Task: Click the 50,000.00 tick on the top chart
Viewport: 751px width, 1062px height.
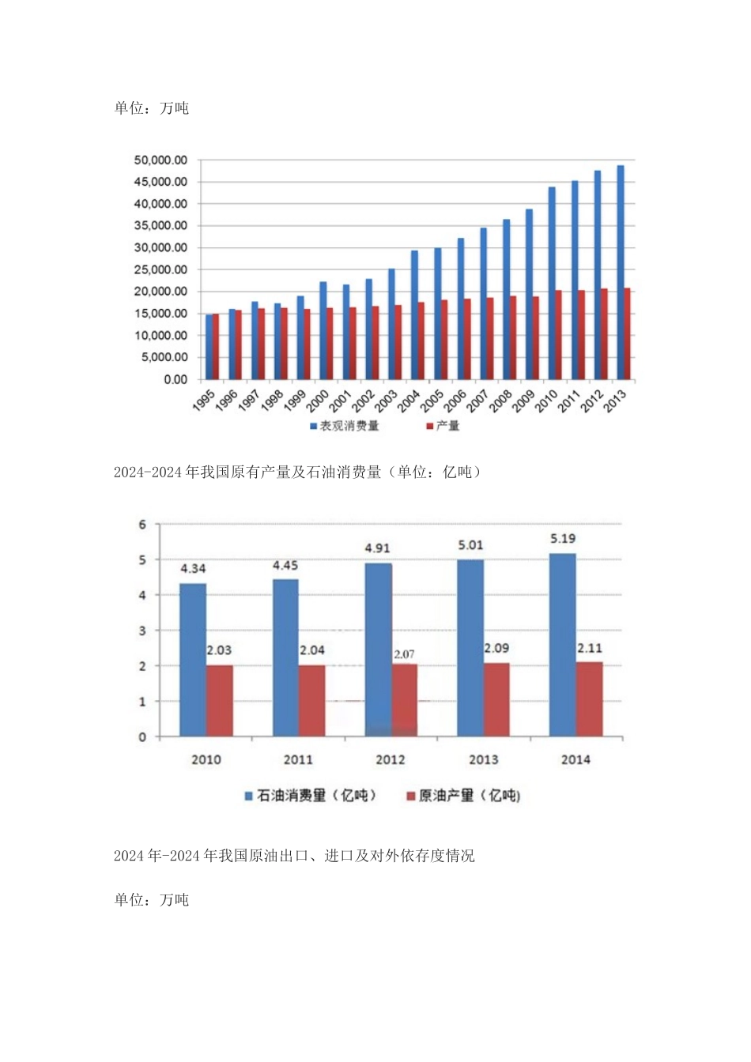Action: click(x=160, y=160)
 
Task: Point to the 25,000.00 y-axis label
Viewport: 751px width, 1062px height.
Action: click(x=160, y=270)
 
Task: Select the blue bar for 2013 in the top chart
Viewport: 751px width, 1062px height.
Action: click(x=621, y=272)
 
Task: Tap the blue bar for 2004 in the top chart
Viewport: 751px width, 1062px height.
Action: click(x=414, y=314)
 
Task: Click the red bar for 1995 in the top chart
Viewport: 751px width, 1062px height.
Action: click(x=216, y=346)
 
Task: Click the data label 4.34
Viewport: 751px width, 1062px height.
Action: click(x=193, y=568)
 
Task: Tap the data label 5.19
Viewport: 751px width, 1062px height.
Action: click(x=563, y=539)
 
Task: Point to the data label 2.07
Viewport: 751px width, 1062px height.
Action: click(x=404, y=654)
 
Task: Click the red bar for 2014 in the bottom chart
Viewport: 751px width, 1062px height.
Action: click(x=589, y=699)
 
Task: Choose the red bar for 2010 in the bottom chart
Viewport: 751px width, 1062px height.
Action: click(x=220, y=701)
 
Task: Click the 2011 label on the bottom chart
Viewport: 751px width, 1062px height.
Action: click(x=298, y=759)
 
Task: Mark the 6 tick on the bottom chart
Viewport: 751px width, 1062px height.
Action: click(x=142, y=525)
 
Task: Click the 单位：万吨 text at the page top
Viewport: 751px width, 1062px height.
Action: click(x=152, y=108)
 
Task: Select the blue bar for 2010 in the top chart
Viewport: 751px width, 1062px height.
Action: click(x=552, y=283)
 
